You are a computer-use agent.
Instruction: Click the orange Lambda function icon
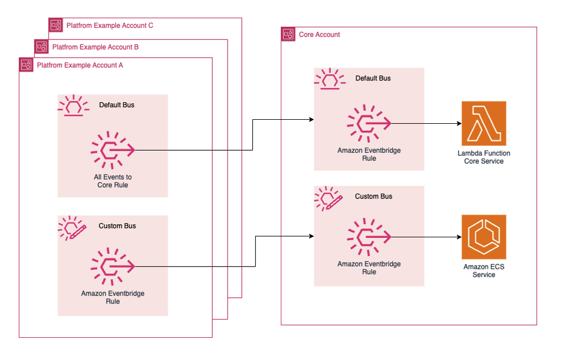tap(483, 123)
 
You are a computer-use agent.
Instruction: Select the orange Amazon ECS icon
tap(483, 237)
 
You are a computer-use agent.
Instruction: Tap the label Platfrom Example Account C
tap(110, 26)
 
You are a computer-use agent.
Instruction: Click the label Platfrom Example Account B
tap(95, 47)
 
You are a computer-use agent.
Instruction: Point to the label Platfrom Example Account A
tap(79, 65)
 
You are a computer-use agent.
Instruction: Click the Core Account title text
tap(319, 35)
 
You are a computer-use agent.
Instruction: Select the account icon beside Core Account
tap(289, 35)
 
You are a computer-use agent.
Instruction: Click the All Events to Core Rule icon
tap(112, 150)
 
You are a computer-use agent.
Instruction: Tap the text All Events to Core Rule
tap(112, 181)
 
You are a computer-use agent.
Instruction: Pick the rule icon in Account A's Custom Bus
tap(112, 266)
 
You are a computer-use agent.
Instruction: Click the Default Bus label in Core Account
tap(373, 78)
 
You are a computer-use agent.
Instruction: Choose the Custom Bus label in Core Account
tap(373, 196)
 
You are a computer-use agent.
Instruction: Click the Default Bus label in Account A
tap(116, 105)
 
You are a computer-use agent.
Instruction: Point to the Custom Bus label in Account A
tap(117, 226)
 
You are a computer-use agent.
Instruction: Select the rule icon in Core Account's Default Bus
tap(369, 123)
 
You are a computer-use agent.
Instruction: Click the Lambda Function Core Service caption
tap(483, 157)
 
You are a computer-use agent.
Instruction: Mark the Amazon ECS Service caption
tap(483, 270)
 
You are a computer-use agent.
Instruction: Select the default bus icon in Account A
tap(72, 106)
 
